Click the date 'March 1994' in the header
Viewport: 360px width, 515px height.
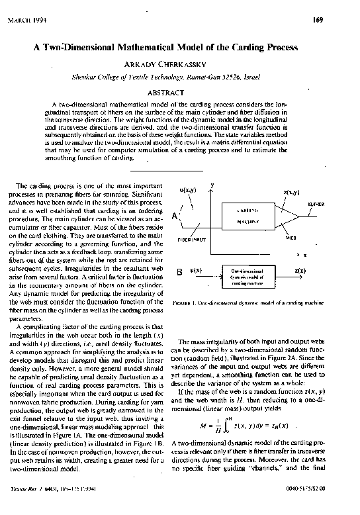tap(26, 20)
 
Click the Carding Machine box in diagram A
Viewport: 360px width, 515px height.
tap(245, 216)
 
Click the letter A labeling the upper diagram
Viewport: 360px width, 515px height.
tap(175, 216)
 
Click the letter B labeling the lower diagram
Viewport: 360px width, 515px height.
tap(179, 272)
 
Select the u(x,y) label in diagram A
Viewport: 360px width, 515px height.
tap(188, 190)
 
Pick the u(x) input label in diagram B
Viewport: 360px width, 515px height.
tap(196, 271)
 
